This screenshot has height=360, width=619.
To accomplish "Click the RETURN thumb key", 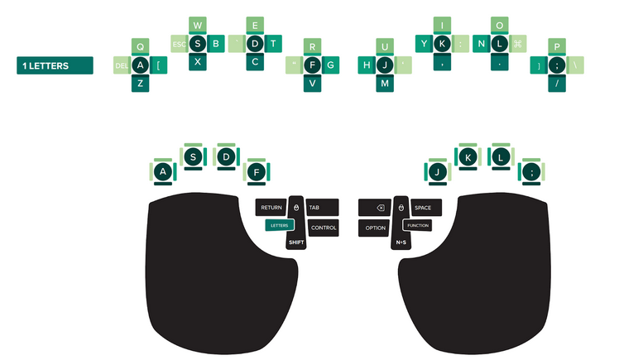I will tap(271, 208).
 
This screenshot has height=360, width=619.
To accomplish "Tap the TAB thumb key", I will tap(319, 208).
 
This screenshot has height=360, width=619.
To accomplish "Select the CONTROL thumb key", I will tap(323, 228).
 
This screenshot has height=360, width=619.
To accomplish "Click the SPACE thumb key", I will tap(422, 208).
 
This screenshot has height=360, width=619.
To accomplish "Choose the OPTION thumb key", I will tap(375, 228).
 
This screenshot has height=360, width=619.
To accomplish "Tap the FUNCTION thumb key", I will tap(418, 225).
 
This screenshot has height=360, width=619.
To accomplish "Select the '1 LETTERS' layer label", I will tap(55, 65).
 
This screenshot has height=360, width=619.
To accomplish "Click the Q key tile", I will tap(140, 46).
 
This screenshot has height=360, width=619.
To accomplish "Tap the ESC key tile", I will tap(179, 43).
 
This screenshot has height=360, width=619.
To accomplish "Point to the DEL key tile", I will tap(122, 65).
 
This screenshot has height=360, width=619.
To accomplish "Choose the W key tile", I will tap(198, 26).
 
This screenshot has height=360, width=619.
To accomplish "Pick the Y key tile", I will tap(424, 43).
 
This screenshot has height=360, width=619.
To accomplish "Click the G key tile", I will tap(331, 64).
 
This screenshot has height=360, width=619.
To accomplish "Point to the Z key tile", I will tap(140, 83).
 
